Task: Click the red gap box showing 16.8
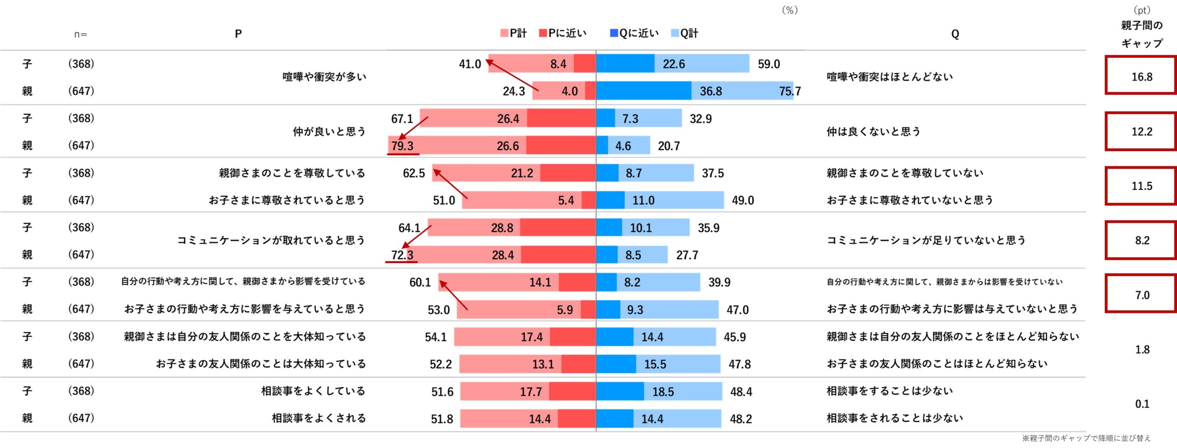[1141, 76]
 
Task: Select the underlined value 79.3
[402, 146]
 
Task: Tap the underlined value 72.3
[402, 255]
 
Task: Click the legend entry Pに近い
[563, 33]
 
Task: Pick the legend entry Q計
[685, 33]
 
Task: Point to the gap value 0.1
[1142, 404]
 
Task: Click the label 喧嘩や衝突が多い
[325, 77]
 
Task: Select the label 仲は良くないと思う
[874, 131]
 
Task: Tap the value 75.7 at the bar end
[789, 91]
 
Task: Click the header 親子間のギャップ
[1142, 34]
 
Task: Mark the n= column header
[80, 34]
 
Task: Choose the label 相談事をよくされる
[319, 418]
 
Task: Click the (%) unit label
[790, 10]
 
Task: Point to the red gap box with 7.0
[1141, 295]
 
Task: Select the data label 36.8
[711, 91]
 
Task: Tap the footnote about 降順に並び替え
[1086, 438]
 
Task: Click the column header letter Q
[955, 34]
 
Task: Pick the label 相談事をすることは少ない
[890, 391]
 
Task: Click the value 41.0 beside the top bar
[470, 64]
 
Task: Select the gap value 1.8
[1142, 350]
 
